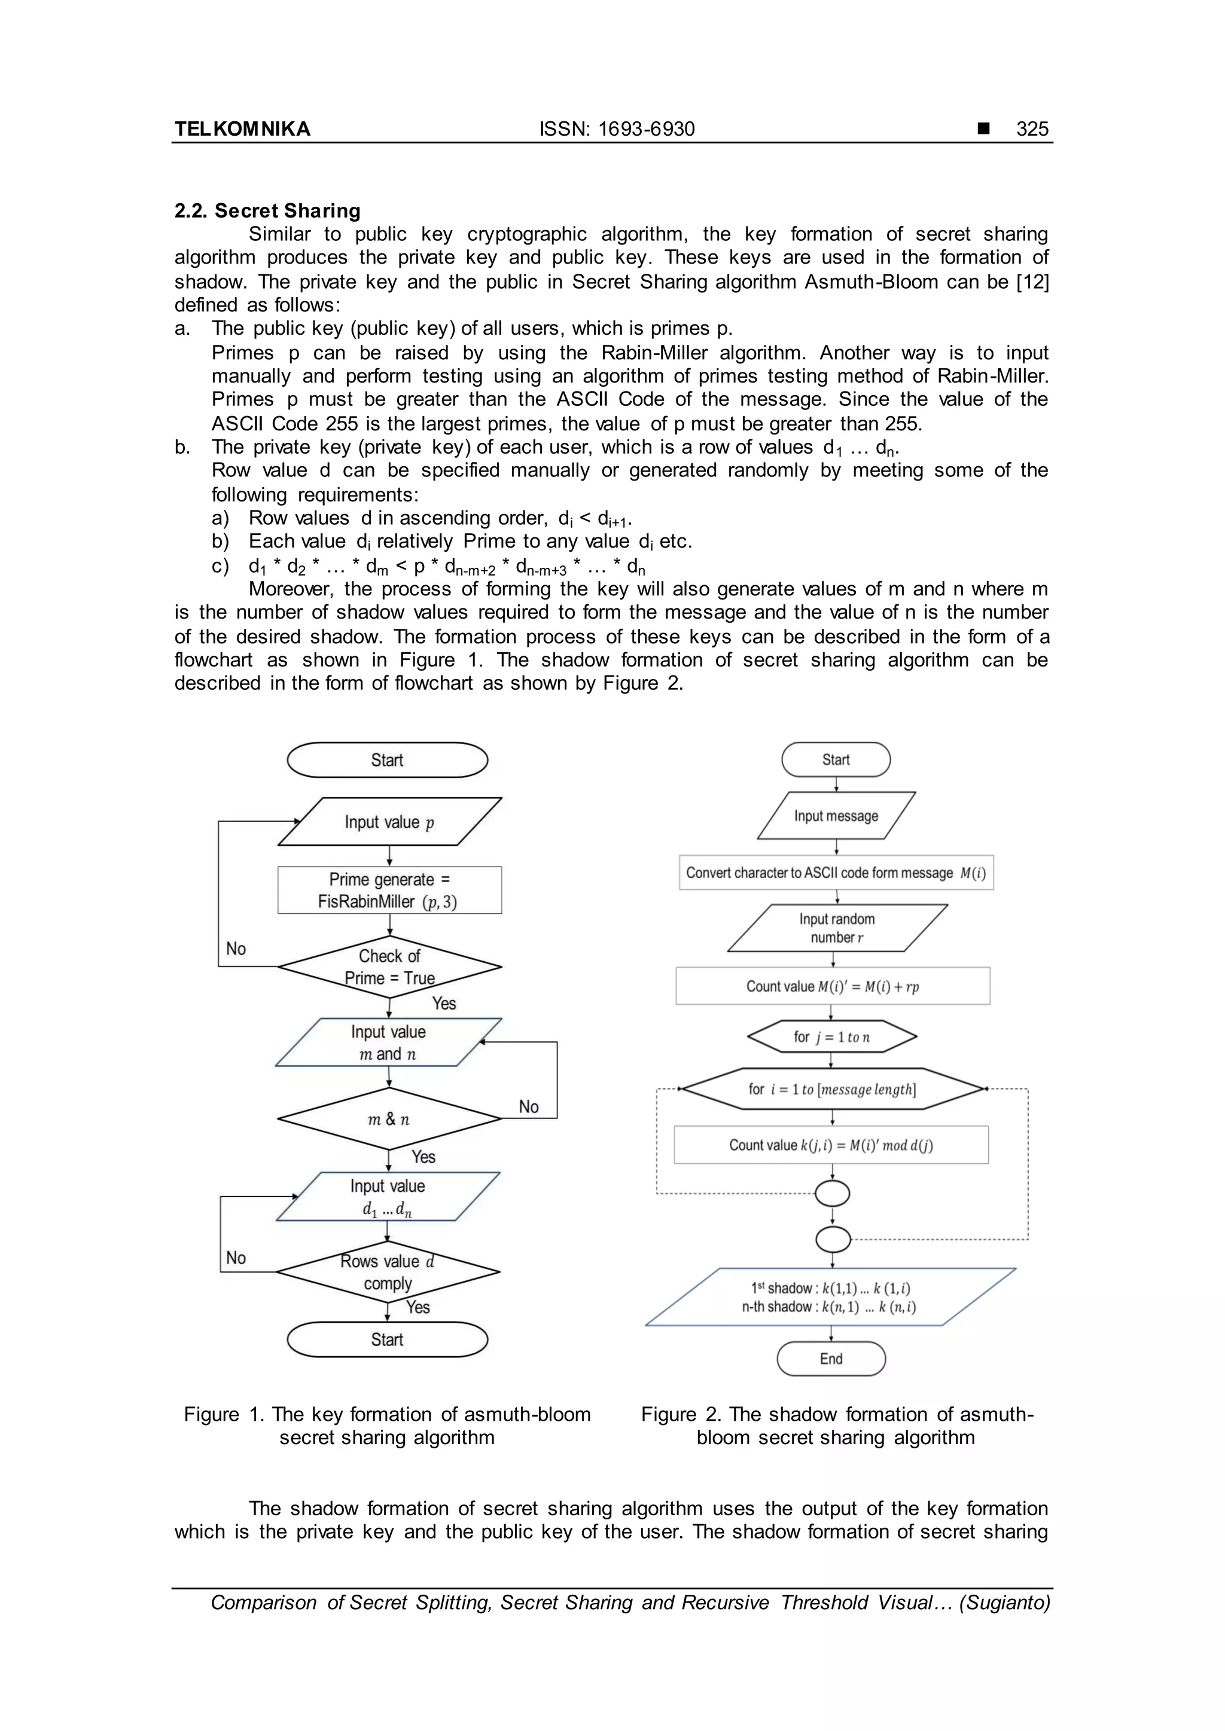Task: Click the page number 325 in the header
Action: [x=1031, y=129]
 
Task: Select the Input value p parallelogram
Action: [x=389, y=822]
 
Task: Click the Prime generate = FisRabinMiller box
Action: [x=389, y=891]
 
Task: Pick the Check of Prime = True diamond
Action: [x=389, y=967]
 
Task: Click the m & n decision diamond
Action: [x=389, y=1119]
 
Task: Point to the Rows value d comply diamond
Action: [x=388, y=1272]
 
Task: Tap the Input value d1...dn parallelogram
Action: [x=388, y=1197]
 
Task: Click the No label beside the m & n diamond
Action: [x=528, y=1107]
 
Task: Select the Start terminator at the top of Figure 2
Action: [x=836, y=760]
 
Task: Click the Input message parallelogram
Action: [x=836, y=816]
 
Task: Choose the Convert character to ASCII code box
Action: [x=836, y=873]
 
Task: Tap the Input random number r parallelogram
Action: [x=837, y=928]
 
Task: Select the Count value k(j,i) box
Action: [x=831, y=1145]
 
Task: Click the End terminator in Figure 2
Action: [x=831, y=1359]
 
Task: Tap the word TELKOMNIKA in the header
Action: [x=242, y=129]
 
